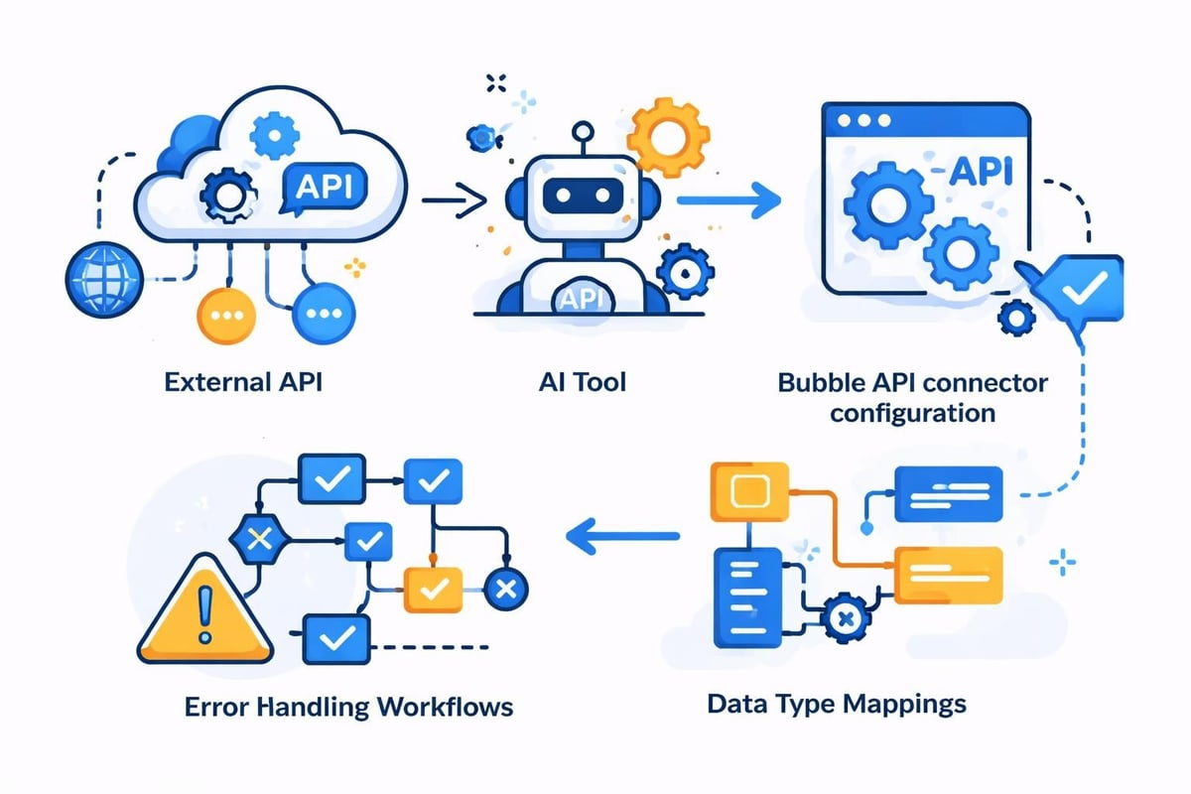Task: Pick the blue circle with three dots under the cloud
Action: coord(324,314)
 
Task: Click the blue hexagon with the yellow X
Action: coord(259,540)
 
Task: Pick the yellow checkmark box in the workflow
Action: coord(433,590)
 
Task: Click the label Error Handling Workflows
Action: coord(349,708)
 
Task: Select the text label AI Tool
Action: coord(573,381)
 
